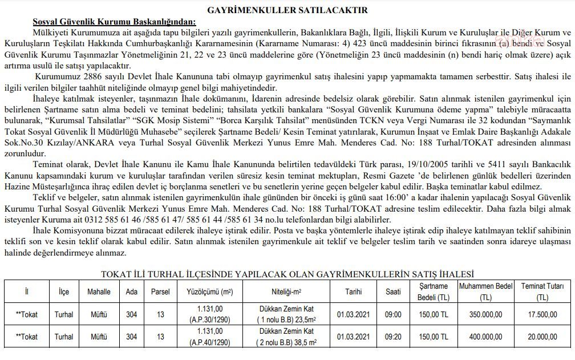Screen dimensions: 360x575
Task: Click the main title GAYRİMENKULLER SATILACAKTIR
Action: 287,10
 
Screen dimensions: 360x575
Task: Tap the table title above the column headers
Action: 287,274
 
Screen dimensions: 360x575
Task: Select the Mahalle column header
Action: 99,292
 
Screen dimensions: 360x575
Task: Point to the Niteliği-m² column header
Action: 288,292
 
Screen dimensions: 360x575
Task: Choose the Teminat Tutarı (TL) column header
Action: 542,292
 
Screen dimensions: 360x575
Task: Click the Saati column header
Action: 393,292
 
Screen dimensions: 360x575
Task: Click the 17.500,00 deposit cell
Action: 542,314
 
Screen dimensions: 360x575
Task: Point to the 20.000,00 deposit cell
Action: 542,337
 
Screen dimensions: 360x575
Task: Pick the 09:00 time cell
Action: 393,314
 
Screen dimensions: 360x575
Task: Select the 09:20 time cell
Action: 393,337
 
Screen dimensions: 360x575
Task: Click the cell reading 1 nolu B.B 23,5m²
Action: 288,319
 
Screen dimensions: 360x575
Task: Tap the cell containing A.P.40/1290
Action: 209,341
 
